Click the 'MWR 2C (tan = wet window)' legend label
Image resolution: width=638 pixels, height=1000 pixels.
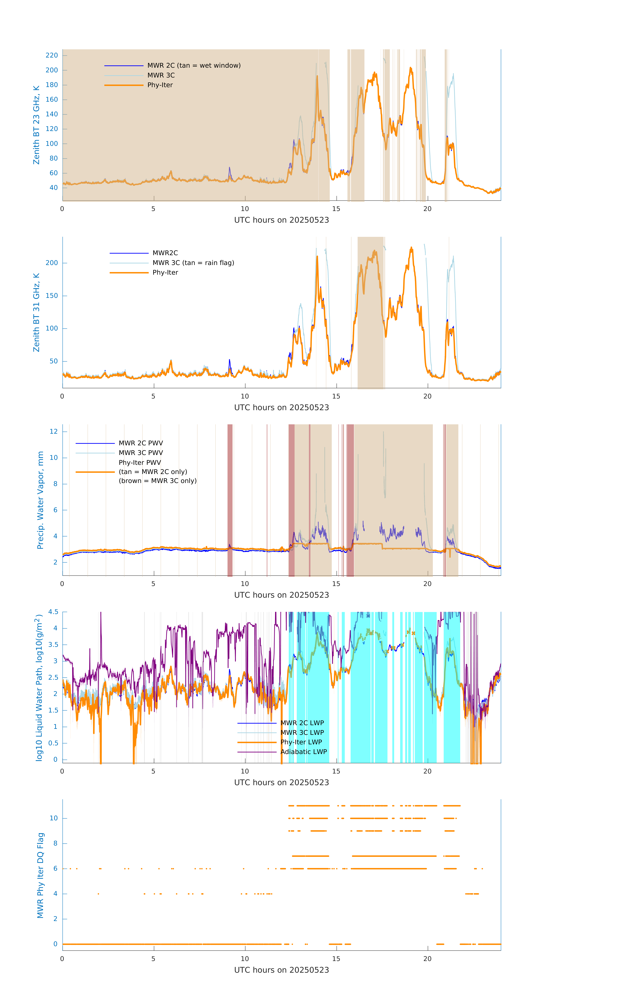194,66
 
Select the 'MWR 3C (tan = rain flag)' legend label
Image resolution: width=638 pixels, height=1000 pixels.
193,263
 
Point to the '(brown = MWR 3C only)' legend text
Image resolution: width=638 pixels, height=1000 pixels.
157,481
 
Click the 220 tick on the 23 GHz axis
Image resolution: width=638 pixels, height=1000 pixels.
52,55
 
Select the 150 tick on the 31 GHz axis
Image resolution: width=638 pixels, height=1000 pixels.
52,296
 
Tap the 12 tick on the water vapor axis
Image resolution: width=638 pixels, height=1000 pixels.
54,431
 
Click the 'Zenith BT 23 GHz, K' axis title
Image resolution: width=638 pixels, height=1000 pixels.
37,125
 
